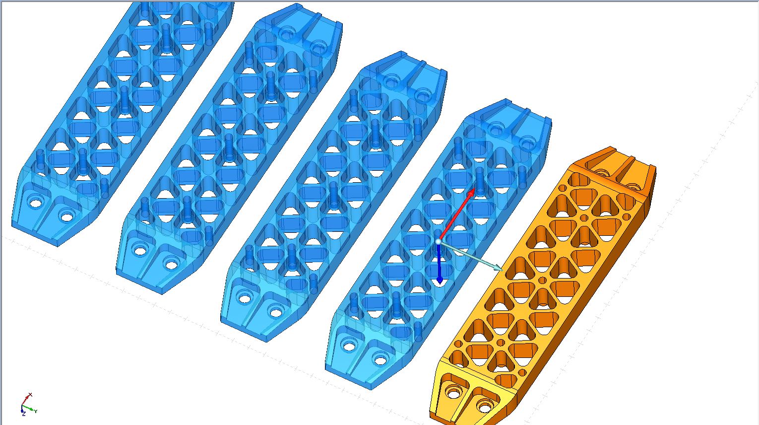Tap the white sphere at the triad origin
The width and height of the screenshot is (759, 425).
[438, 241]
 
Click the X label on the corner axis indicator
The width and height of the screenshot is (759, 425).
[30, 395]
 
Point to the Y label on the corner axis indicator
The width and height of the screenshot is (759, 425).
[36, 411]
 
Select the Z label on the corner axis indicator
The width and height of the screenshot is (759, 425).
[23, 414]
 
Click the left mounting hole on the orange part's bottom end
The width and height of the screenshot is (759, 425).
[453, 393]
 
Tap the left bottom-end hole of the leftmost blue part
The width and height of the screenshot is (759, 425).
[35, 203]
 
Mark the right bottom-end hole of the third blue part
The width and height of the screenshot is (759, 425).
[276, 311]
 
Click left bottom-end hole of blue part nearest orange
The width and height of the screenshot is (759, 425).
[349, 346]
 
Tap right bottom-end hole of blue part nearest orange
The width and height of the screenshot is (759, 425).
[380, 359]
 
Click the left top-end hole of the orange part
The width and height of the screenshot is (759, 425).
[602, 172]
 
